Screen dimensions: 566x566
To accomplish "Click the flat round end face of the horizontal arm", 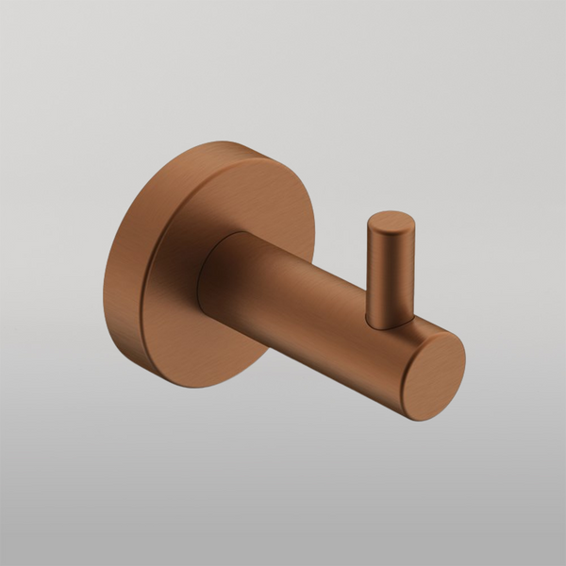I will tap(432, 376).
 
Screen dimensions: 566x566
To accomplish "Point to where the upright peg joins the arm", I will tap(390, 323).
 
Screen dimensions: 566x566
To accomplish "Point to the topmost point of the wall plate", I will tap(222, 142).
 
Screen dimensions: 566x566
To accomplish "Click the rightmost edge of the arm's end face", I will tap(465, 358).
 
